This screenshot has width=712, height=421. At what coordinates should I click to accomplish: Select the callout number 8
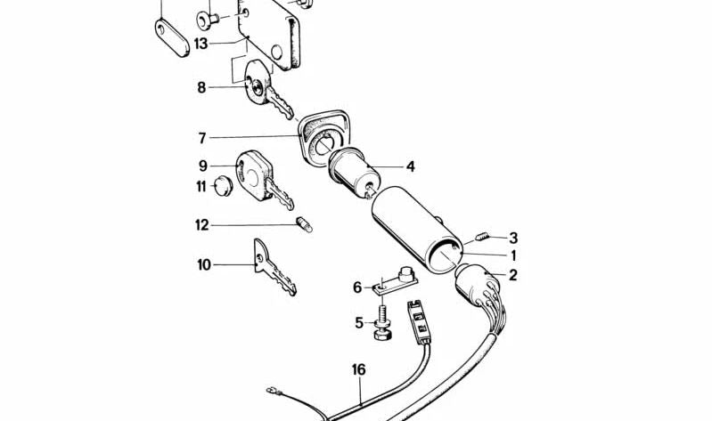(x=201, y=87)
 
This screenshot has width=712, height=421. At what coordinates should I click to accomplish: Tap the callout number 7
(x=202, y=138)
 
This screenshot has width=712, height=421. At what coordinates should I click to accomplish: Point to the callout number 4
(x=410, y=166)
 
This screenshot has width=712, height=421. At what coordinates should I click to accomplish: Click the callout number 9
(x=202, y=165)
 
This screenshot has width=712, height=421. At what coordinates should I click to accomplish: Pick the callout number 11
(x=201, y=186)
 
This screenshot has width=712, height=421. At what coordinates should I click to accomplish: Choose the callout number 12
(x=201, y=225)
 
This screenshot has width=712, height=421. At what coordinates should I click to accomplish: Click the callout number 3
(x=513, y=238)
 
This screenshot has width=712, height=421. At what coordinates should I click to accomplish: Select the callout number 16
(x=359, y=369)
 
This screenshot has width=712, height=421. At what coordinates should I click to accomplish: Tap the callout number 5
(x=360, y=322)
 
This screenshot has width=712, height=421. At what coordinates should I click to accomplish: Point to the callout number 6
(x=357, y=287)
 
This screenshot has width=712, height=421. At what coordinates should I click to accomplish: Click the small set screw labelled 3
(x=482, y=237)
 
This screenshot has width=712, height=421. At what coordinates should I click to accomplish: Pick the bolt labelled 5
(x=382, y=322)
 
